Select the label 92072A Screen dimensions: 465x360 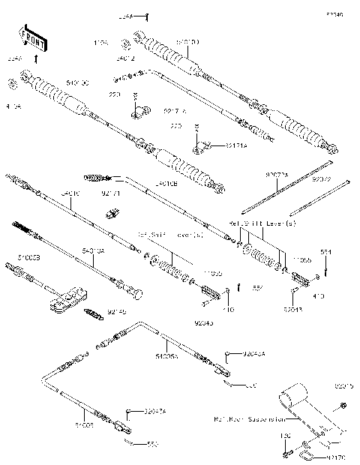pyautogui.click(x=276, y=174)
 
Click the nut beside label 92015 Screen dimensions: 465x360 pyautogui.click(x=343, y=406)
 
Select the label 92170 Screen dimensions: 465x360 pyautogui.click(x=337, y=456)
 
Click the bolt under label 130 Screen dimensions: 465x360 pyautogui.click(x=286, y=453)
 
